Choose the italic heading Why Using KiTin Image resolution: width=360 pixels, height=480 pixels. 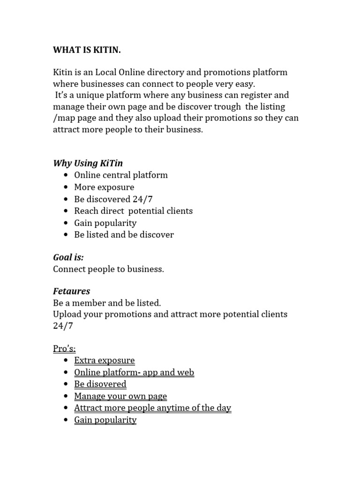tap(88, 163)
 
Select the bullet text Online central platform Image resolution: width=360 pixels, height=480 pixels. tap(120, 175)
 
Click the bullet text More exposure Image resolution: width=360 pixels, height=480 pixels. tap(104, 187)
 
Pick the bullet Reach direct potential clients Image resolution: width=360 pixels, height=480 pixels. tap(133, 211)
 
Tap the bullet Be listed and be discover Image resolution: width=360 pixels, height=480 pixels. tap(124, 235)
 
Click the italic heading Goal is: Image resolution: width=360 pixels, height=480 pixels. tap(68, 257)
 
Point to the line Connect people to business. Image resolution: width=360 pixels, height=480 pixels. tap(108, 269)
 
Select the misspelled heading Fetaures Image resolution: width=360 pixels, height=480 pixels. tap(71, 292)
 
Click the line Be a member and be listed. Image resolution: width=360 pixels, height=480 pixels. tap(107, 303)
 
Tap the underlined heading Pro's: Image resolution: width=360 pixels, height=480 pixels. tap(64, 348)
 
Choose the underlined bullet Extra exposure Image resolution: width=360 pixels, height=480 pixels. tap(104, 360)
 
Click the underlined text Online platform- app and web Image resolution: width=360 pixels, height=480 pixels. tap(134, 372)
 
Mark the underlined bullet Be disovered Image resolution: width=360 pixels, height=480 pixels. tap(100, 384)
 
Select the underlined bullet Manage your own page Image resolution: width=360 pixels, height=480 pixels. tap(120, 396)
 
